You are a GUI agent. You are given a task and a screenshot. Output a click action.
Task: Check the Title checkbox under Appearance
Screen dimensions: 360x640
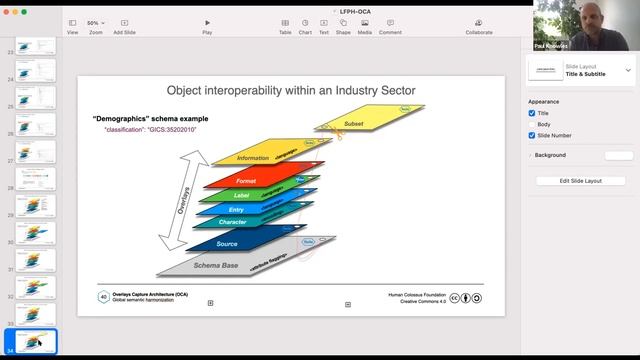532,113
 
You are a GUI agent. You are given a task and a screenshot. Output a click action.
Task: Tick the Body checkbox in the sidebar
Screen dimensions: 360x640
532,124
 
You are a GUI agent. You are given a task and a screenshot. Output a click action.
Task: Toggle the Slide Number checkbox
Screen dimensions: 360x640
532,135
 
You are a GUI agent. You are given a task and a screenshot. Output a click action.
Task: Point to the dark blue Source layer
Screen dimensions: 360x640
228,244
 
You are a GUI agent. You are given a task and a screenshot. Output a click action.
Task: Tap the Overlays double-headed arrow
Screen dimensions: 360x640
183,195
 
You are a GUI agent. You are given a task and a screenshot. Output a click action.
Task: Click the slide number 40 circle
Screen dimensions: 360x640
103,297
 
